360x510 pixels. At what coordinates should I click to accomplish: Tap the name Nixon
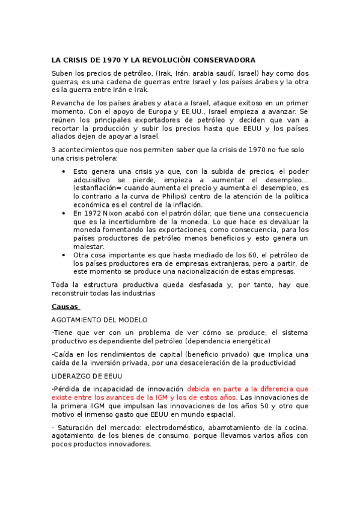117,213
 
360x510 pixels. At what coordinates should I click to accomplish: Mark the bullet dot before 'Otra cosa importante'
64,255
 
